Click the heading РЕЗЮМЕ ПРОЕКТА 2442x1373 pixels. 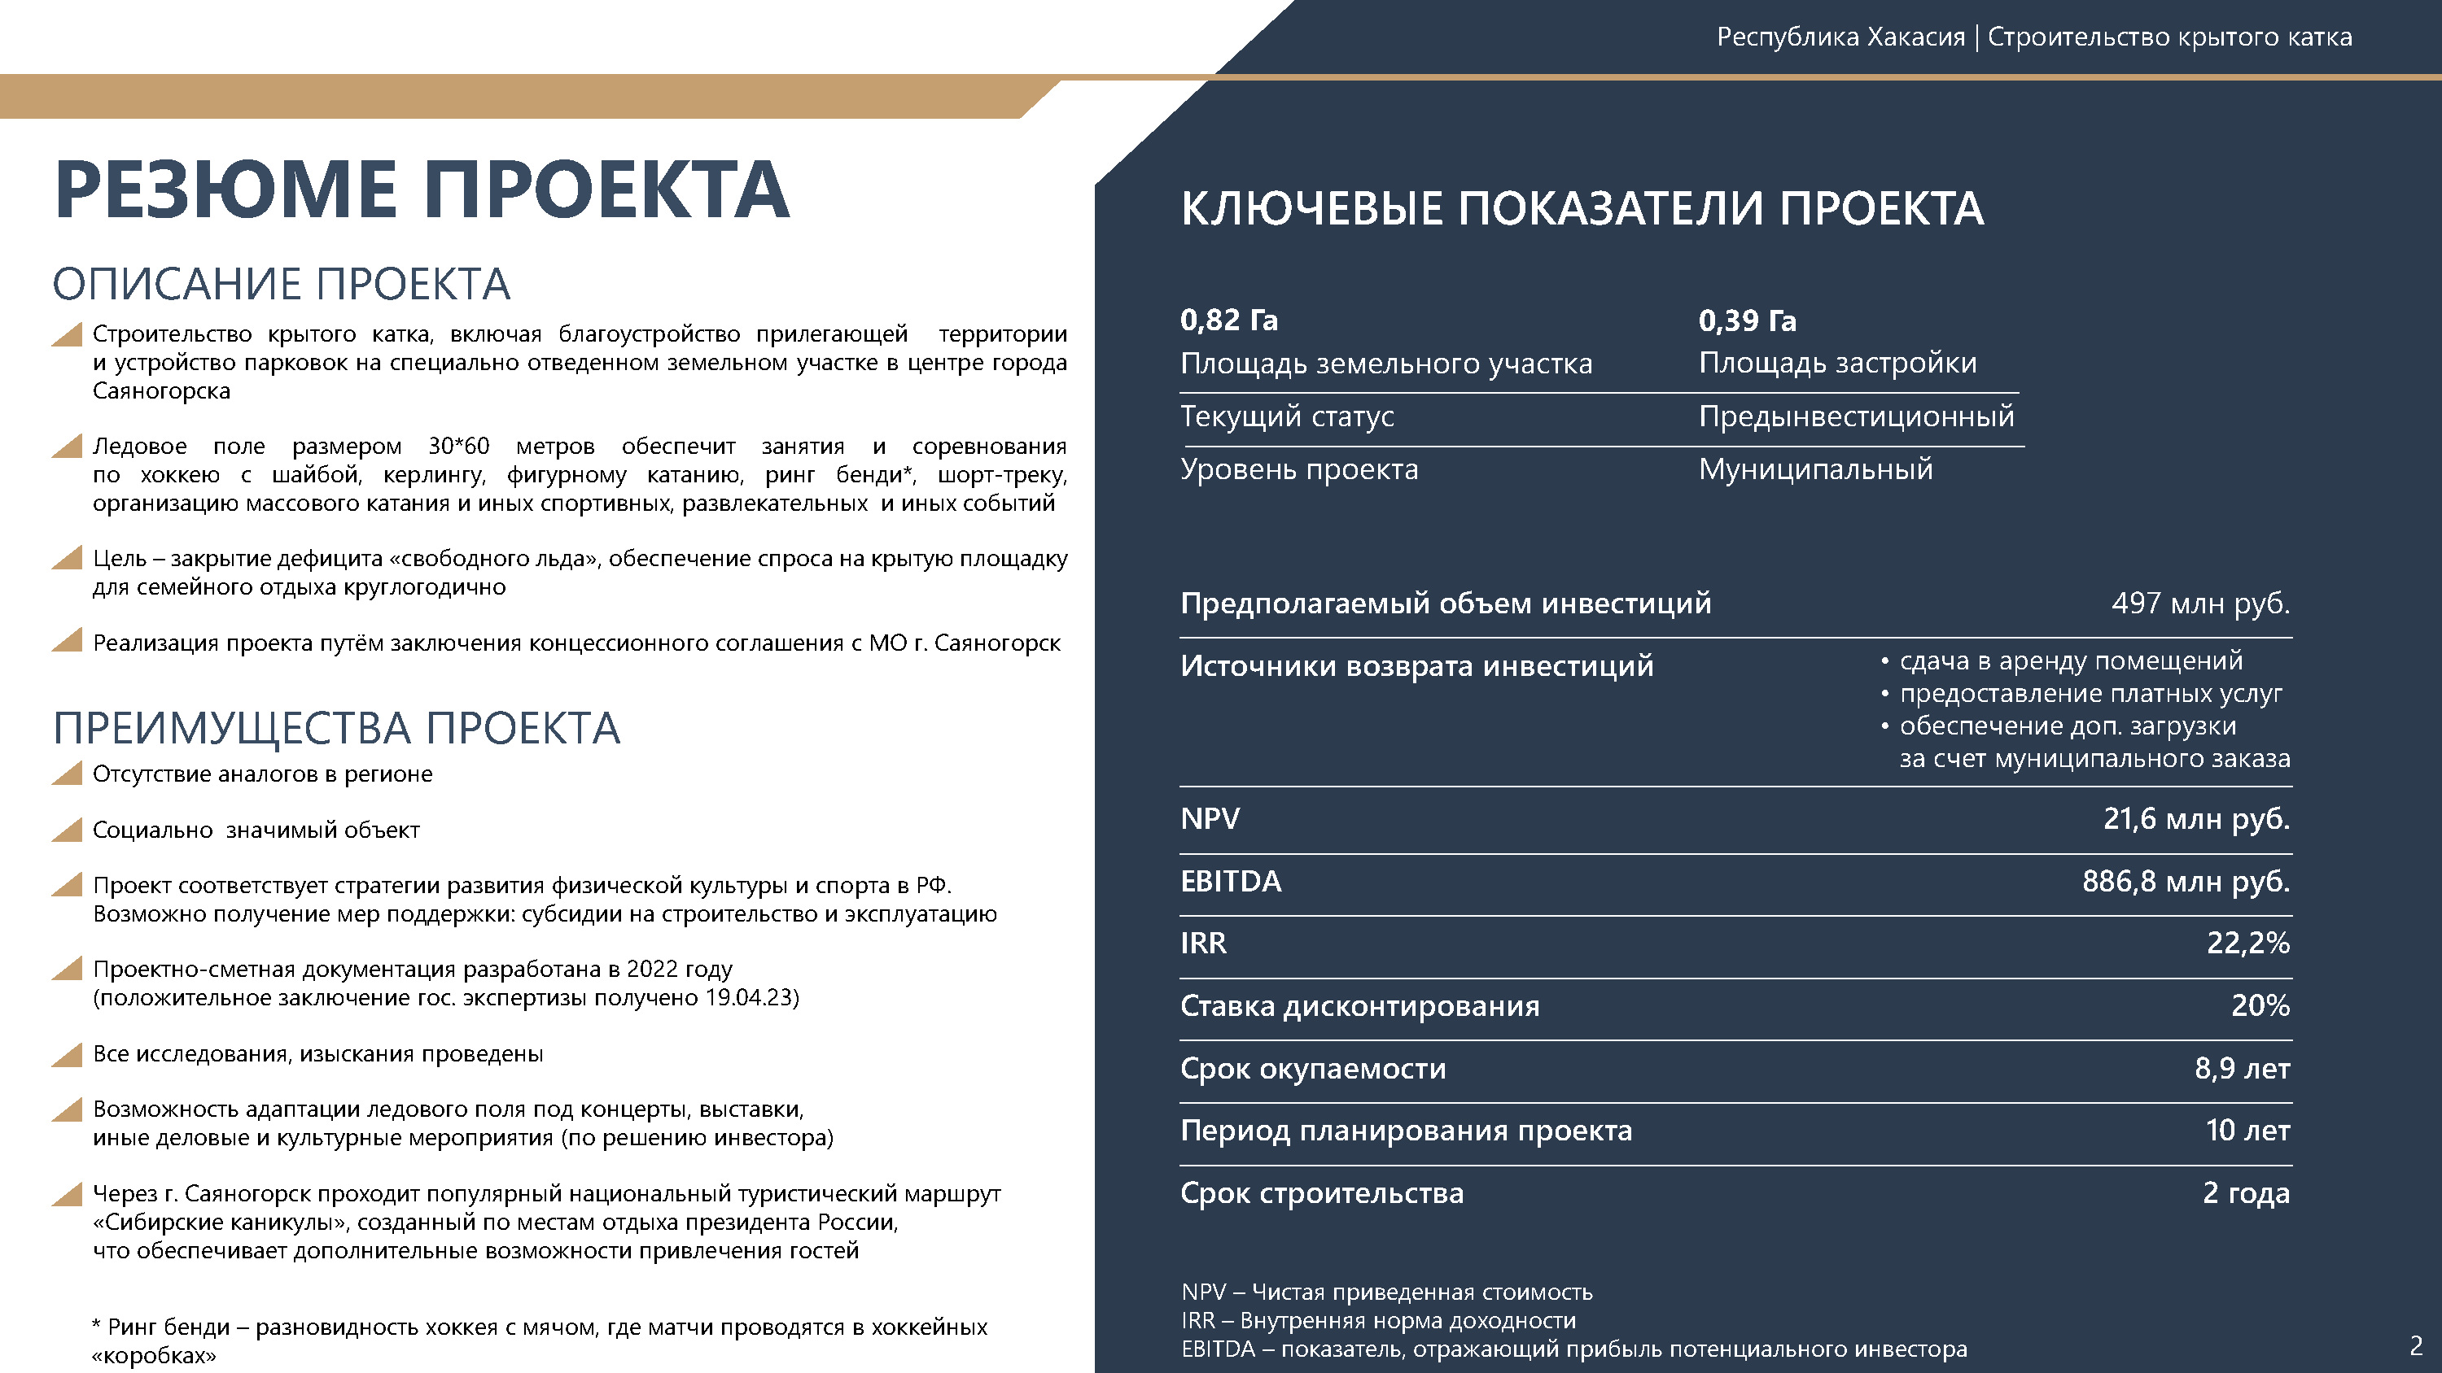422,190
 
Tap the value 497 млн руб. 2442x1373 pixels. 2199,603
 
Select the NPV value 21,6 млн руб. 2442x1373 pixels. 2195,819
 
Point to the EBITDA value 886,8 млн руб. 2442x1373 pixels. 2185,881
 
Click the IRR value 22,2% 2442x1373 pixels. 2247,943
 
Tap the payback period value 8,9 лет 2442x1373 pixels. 2242,1068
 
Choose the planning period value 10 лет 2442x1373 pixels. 2247,1131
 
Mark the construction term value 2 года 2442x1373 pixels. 2246,1193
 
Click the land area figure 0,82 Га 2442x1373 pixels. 1228,320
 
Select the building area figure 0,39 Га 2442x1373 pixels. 1747,320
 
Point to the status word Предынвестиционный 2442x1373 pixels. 1856,416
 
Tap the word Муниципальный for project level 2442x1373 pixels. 1815,469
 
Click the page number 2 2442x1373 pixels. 2415,1345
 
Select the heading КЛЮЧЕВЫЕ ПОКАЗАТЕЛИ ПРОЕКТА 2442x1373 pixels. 1582,208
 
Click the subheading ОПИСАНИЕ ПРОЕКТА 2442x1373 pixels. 282,284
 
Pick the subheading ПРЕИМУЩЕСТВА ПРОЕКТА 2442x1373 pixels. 336,729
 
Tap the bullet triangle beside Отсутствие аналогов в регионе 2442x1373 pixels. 68,774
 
